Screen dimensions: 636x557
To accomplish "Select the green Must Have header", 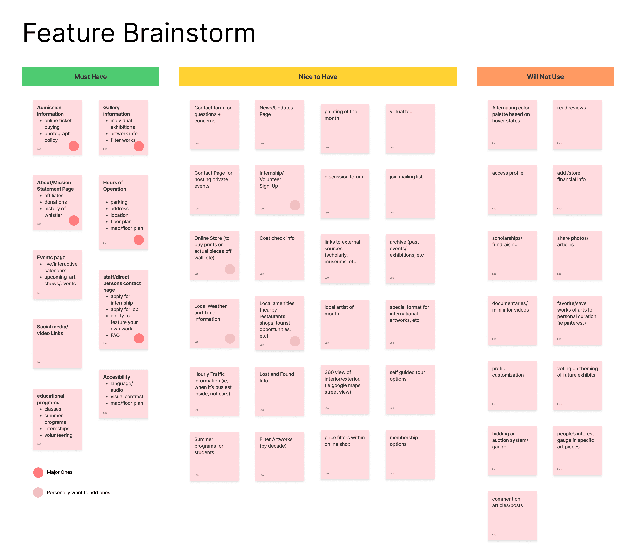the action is coord(90,77).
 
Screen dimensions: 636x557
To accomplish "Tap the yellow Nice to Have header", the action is coord(318,77).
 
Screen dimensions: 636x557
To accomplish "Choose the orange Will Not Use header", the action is coord(545,77).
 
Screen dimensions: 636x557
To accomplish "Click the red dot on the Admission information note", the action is coord(74,146).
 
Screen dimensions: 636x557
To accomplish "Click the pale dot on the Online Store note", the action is coord(230,269).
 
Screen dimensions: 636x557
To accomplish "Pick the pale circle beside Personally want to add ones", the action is coord(38,492).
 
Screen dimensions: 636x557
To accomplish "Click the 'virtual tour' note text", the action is coord(402,112).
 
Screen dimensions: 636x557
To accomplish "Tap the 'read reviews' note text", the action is coord(571,108).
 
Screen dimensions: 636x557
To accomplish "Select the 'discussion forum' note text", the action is coord(344,177).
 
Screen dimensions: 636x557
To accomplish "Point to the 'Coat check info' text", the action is coord(277,238).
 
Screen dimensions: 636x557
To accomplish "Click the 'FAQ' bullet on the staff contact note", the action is coord(115,335).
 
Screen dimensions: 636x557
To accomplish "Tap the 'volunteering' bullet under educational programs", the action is coord(58,435).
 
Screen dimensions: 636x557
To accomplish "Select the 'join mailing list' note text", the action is coord(406,177).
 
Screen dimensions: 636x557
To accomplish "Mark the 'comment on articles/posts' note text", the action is coord(507,502).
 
